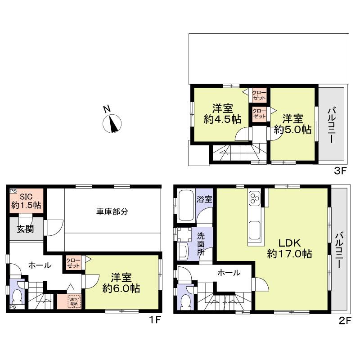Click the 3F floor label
pos(338,171)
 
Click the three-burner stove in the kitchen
pos(255,198)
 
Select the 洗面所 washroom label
pos(202,243)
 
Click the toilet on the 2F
pos(185,300)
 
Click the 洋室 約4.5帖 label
pos(223,113)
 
